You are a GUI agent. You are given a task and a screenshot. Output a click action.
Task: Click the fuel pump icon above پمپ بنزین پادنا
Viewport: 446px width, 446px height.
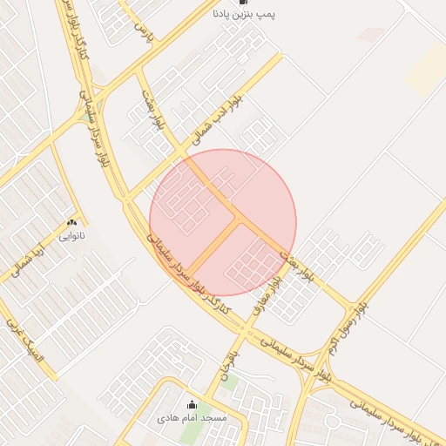241,3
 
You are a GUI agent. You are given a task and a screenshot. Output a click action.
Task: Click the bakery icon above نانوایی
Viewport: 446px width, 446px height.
71,223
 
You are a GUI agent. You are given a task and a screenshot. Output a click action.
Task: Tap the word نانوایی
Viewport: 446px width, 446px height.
71,235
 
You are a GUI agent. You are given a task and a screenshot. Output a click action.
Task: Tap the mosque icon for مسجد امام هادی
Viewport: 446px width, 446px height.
192,405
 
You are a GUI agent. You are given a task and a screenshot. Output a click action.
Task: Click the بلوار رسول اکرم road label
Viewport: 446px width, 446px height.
344,335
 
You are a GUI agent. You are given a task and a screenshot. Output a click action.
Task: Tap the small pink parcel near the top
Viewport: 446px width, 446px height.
372,34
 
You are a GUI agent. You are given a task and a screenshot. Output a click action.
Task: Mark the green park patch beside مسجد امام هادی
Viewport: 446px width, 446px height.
190,433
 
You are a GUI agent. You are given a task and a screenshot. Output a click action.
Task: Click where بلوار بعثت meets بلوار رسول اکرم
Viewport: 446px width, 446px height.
353,307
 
